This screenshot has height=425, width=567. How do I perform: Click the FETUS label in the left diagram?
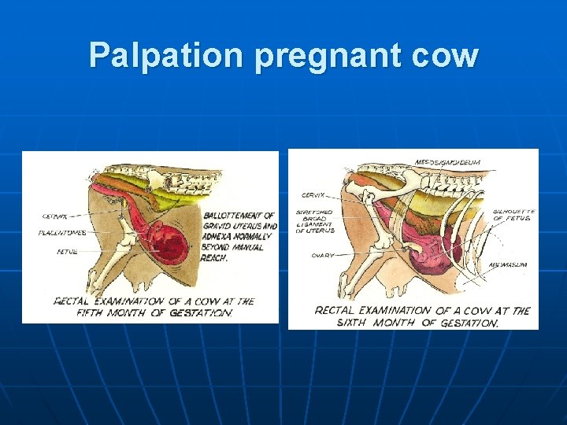point(66,253)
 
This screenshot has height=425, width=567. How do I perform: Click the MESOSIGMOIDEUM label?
point(447,162)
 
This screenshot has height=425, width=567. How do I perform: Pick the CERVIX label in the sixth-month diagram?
point(313,195)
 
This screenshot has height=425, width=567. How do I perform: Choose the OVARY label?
point(322,256)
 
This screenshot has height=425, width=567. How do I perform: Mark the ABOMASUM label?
point(508,265)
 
